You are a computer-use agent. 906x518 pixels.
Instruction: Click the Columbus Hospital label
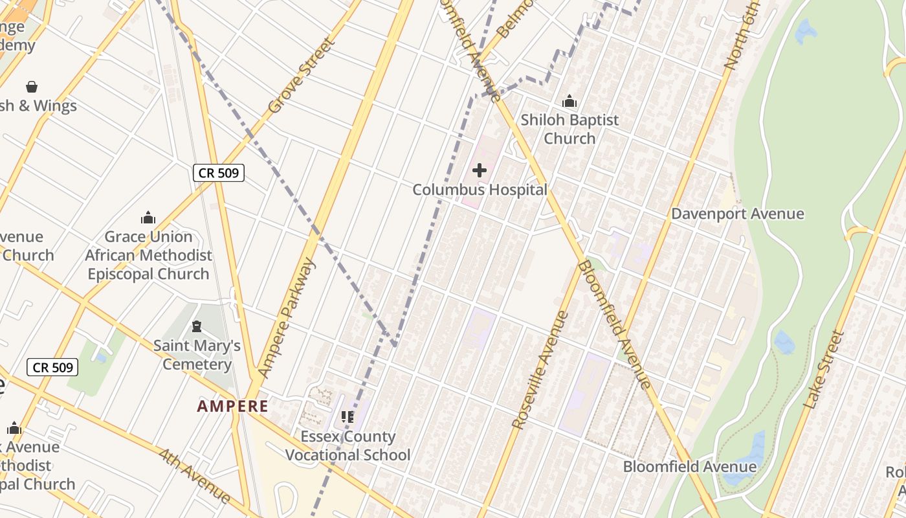[480, 190]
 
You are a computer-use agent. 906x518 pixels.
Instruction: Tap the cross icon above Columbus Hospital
[480, 170]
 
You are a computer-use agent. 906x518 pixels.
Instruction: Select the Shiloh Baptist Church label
[569, 129]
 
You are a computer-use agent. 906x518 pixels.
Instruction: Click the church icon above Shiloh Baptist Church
[569, 101]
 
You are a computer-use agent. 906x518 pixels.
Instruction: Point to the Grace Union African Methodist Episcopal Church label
[148, 255]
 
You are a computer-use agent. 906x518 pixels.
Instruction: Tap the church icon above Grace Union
[148, 218]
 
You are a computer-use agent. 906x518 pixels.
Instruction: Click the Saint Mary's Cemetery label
[197, 355]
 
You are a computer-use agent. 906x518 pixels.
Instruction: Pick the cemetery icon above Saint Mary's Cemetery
[197, 326]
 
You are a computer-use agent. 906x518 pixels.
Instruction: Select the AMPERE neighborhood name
[232, 407]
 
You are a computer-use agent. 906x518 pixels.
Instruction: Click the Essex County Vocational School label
[348, 445]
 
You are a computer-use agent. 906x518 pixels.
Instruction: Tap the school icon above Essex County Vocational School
[348, 417]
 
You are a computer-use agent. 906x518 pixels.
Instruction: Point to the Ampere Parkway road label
[287, 317]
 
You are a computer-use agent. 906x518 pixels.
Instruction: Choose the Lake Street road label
[824, 370]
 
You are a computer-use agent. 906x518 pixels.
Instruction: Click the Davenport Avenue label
[737, 214]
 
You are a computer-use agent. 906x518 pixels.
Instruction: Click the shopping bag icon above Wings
[31, 87]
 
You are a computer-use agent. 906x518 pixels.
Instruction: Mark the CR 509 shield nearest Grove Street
[218, 173]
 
